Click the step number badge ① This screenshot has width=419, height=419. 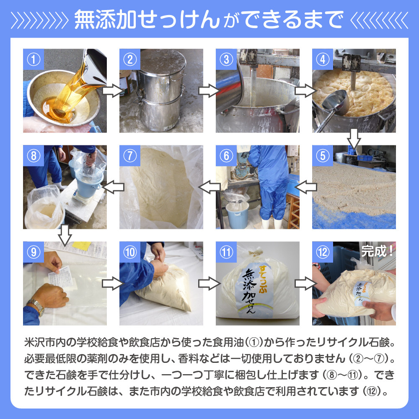[x=34, y=59]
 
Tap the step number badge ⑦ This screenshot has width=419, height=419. [x=130, y=156]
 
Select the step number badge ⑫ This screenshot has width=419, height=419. [x=323, y=252]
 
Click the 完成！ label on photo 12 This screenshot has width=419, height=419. [x=378, y=251]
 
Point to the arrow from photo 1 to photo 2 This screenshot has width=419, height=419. [x=113, y=91]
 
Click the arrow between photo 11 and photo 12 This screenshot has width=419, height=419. [x=305, y=284]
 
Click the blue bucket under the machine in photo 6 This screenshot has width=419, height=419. [x=237, y=215]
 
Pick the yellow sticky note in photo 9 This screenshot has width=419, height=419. [x=82, y=246]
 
